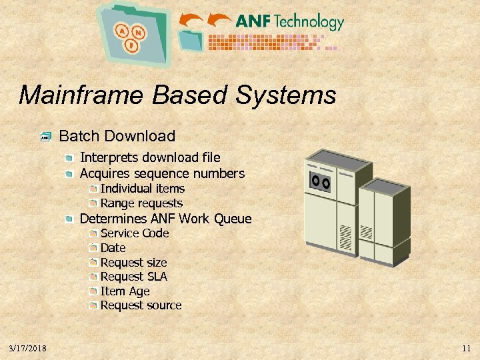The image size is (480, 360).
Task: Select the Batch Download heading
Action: point(117,136)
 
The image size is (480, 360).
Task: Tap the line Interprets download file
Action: point(150,157)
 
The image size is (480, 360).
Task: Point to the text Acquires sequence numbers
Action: point(162,173)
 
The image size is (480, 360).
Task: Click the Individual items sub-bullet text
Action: point(143,189)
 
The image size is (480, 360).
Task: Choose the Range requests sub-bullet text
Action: point(141,203)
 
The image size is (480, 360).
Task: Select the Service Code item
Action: point(135,233)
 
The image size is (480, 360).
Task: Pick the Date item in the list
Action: point(113,248)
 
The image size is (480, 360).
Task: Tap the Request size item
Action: point(133,263)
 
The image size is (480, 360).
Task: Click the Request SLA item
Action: point(133,277)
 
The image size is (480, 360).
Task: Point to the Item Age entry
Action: point(125,291)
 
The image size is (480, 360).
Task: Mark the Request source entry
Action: point(141,305)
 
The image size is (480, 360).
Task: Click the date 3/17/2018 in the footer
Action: point(28,348)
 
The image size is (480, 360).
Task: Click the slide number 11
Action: point(466,348)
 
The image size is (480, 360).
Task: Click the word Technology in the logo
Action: point(309,22)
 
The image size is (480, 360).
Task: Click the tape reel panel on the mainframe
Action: point(321,181)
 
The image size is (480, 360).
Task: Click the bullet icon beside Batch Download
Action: point(45,137)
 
